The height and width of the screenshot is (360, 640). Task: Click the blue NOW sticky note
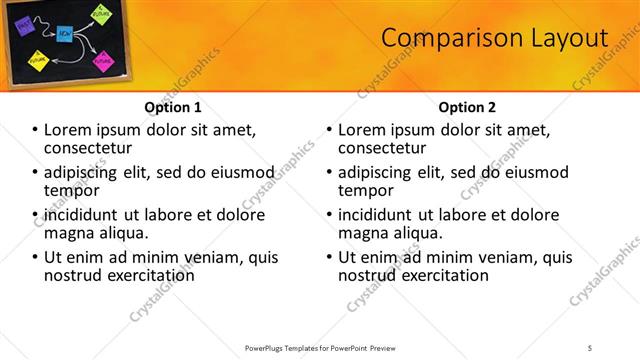[63, 33]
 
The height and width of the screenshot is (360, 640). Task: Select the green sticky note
[101, 13]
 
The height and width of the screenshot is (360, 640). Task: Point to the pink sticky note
[102, 61]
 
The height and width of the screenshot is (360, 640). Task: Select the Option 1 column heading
[173, 107]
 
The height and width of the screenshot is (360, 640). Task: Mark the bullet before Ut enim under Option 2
[330, 257]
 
